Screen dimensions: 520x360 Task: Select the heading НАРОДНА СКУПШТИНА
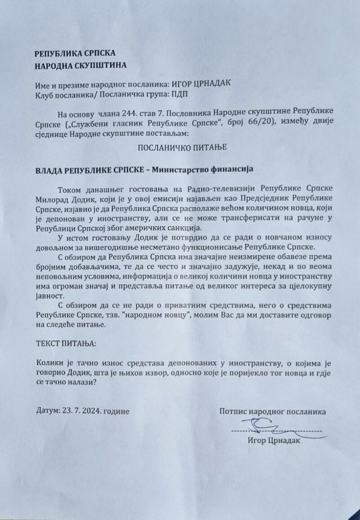(x=81, y=65)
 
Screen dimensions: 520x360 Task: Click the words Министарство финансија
(x=203, y=170)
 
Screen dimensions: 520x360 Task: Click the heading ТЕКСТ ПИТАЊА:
(x=66, y=344)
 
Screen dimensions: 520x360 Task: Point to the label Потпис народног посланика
(x=273, y=411)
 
